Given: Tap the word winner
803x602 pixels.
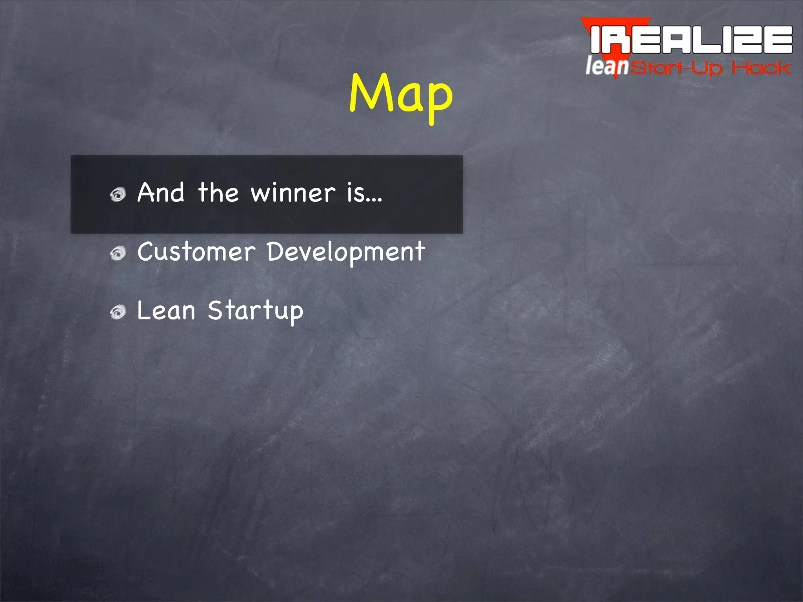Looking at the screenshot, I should pos(293,193).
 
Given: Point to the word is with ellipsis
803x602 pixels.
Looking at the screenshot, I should pos(364,193).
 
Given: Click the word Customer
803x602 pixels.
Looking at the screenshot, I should pos(196,252).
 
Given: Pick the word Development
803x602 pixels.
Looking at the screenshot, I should pos(346,252).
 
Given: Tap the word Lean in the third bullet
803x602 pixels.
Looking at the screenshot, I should pos(166,310).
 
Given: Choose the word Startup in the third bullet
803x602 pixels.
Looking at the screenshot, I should pos(255,311).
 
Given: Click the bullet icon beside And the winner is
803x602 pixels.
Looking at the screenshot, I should pos(118,194).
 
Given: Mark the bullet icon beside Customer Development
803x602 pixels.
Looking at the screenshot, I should pos(118,253).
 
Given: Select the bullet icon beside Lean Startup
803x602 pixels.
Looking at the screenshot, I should pos(118,312).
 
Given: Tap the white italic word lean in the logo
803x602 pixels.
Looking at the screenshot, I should pos(607,66).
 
